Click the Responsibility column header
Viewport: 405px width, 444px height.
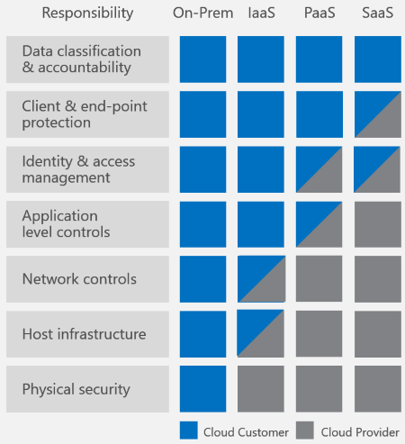click(x=87, y=14)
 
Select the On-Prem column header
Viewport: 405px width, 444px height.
click(x=202, y=14)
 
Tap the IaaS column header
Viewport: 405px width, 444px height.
click(x=261, y=14)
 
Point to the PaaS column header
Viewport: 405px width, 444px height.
click(x=319, y=14)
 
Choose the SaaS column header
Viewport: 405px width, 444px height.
click(x=376, y=14)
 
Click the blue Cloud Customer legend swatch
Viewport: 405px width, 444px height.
click(x=188, y=430)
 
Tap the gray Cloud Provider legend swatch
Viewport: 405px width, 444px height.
click(x=303, y=430)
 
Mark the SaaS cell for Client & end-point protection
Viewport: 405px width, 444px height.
click(x=377, y=114)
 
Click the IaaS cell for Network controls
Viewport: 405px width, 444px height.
click(x=261, y=279)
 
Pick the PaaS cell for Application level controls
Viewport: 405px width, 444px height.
click(x=319, y=224)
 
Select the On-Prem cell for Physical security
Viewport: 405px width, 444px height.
click(x=202, y=389)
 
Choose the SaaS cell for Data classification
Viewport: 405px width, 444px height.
click(x=377, y=59)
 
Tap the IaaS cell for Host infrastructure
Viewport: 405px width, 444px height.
click(x=261, y=334)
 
